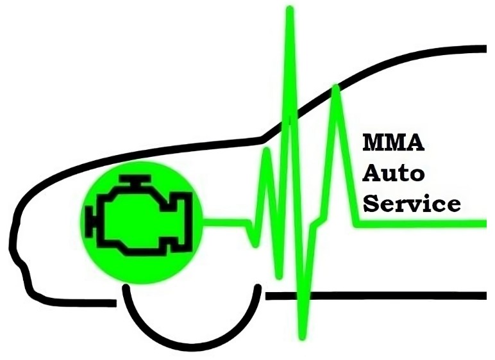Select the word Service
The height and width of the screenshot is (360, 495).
412,203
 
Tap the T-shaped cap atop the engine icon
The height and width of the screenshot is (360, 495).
135,180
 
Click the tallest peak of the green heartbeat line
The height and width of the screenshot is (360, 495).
290,10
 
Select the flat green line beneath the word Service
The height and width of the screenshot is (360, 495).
420,223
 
